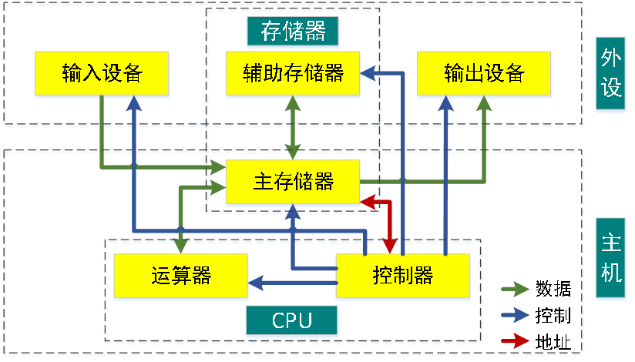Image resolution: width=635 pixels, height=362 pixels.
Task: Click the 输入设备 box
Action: [x=102, y=74]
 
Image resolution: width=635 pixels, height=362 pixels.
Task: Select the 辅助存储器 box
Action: [x=293, y=74]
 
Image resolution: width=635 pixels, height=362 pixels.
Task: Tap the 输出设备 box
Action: [x=484, y=74]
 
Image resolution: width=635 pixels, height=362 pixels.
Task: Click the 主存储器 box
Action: [x=293, y=183]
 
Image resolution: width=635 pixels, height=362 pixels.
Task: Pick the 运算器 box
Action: [x=181, y=276]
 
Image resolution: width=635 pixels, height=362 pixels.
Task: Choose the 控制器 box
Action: [x=402, y=276]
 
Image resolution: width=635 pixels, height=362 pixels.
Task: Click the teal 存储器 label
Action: [x=293, y=32]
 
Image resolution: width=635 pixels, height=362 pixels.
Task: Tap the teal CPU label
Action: [x=292, y=320]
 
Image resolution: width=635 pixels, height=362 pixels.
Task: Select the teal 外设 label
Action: [x=610, y=74]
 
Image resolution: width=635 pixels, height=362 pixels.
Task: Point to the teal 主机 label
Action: [x=610, y=260]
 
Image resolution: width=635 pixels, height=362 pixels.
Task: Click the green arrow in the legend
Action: [x=515, y=289]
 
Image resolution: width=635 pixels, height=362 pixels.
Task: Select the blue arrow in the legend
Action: [x=515, y=314]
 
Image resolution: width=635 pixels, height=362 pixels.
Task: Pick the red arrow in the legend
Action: [x=515, y=340]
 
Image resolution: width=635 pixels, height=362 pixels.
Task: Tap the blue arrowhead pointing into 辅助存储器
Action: [x=368, y=74]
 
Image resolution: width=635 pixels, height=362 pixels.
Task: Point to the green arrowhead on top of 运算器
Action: [x=181, y=246]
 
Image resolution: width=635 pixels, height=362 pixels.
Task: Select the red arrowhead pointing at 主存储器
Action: [x=368, y=202]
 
